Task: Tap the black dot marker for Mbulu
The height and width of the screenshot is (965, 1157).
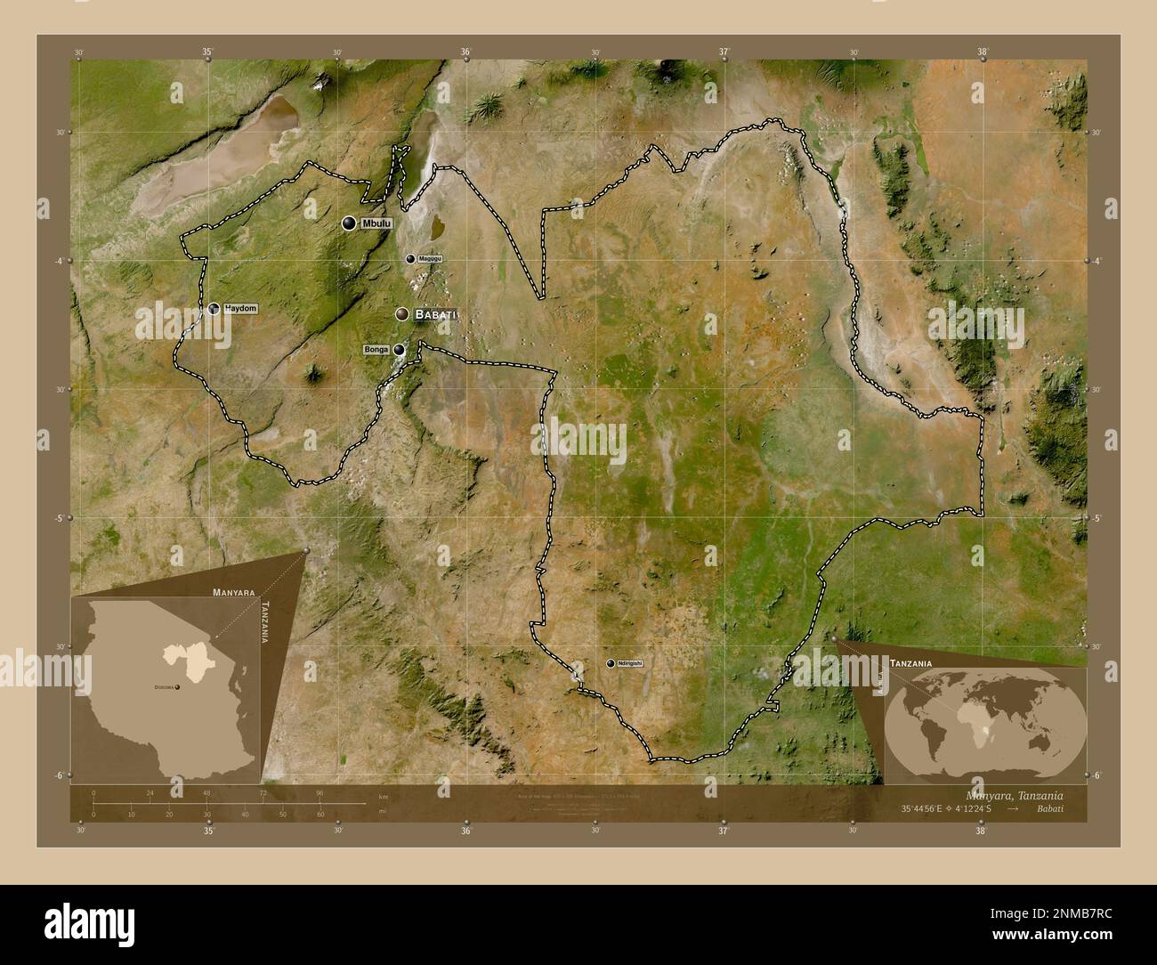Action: [x=349, y=223]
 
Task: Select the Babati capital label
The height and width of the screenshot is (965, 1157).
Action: [x=436, y=314]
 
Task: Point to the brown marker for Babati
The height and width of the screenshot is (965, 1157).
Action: [x=403, y=314]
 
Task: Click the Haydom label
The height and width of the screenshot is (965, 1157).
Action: [x=240, y=308]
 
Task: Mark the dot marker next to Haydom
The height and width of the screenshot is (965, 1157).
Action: [x=214, y=309]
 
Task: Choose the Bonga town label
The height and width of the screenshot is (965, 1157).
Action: [x=376, y=351]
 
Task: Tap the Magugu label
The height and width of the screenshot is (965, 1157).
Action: [x=430, y=259]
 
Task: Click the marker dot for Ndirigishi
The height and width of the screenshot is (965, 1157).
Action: [x=611, y=663]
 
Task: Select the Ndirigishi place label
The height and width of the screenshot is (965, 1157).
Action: [x=629, y=663]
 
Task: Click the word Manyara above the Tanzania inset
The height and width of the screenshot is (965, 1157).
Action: [x=234, y=591]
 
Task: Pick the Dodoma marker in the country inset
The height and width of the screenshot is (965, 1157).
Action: [x=177, y=687]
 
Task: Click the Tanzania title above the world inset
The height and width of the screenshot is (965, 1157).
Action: [x=911, y=664]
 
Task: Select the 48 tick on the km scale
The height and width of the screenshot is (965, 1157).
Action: [x=207, y=792]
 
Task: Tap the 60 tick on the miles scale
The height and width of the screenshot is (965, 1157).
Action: [x=320, y=814]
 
